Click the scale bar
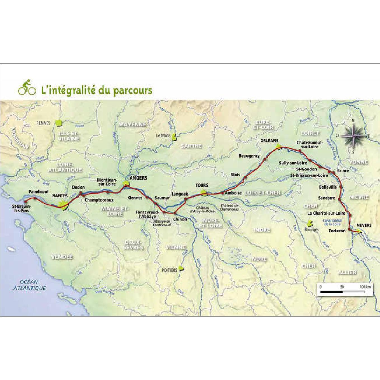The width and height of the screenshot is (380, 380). [343, 292]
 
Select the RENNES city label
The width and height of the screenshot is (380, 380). [43, 123]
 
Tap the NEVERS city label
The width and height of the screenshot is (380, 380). [364, 225]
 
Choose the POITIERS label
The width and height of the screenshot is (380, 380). [169, 270]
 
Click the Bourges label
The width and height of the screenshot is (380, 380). [311, 230]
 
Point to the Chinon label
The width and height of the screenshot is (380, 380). [180, 219]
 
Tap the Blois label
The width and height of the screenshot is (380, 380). [235, 175]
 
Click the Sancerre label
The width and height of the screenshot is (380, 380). [326, 198]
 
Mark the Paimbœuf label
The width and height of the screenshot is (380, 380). [39, 192]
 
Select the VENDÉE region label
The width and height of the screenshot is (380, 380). [62, 257]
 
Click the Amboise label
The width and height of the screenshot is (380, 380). [233, 193]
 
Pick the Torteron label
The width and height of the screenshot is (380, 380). [337, 231]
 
